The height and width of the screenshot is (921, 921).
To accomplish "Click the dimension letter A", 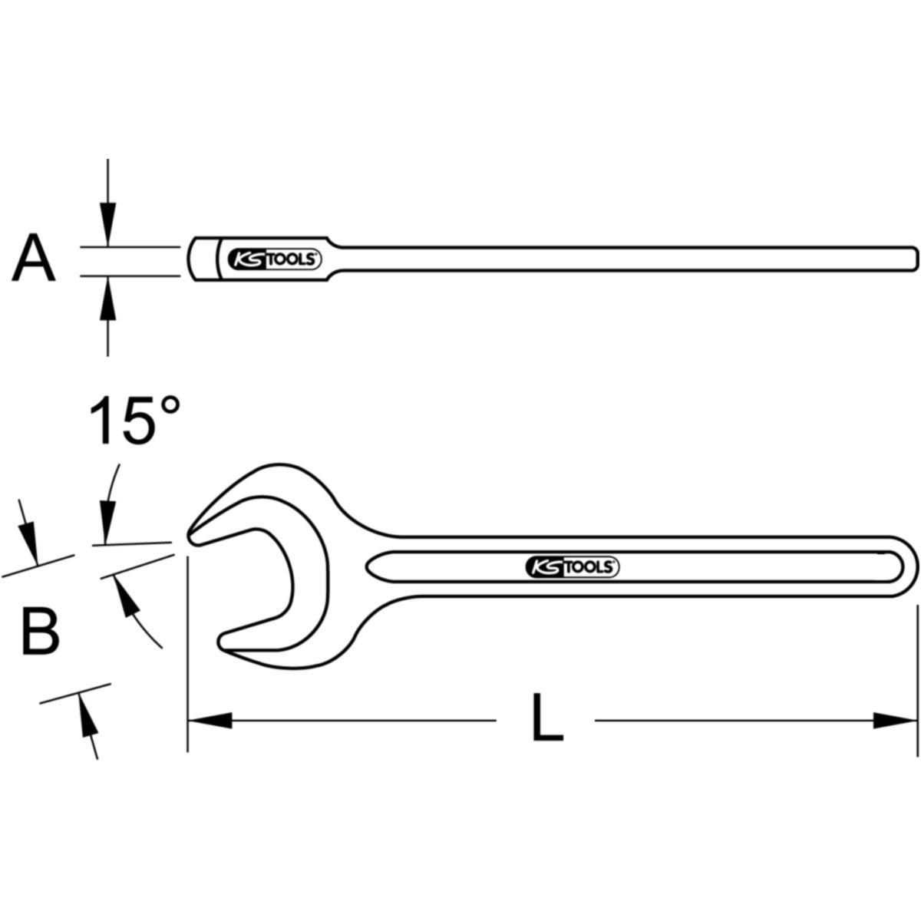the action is [x=34, y=259].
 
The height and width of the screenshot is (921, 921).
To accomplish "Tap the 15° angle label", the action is [x=135, y=421].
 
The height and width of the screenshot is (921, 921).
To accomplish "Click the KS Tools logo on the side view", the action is [x=274, y=259].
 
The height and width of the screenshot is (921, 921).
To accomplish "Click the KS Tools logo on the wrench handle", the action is [x=572, y=567].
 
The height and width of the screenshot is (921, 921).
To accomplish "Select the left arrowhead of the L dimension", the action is [x=210, y=734].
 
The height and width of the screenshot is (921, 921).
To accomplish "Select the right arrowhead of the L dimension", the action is [x=895, y=734].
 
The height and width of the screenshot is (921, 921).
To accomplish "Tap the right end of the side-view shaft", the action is [x=916, y=259].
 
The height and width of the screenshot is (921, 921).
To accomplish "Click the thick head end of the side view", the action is [x=203, y=259].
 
